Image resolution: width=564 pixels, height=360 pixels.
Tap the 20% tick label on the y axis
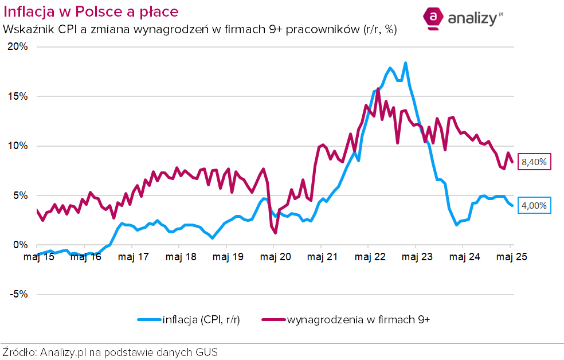coord(17,47)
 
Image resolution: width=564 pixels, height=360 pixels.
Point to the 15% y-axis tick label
coord(17,96)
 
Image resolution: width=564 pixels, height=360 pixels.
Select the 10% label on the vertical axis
coord(17,146)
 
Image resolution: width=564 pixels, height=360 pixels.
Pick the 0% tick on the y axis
coord(19,245)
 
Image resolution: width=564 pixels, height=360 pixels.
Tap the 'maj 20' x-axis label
coord(274,256)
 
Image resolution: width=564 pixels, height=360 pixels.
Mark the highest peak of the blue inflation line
coord(405,63)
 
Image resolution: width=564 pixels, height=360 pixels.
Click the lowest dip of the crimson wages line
coord(276,233)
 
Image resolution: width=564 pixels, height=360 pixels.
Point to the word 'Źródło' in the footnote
coord(19,351)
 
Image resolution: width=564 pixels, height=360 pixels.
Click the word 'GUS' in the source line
coord(207,351)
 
